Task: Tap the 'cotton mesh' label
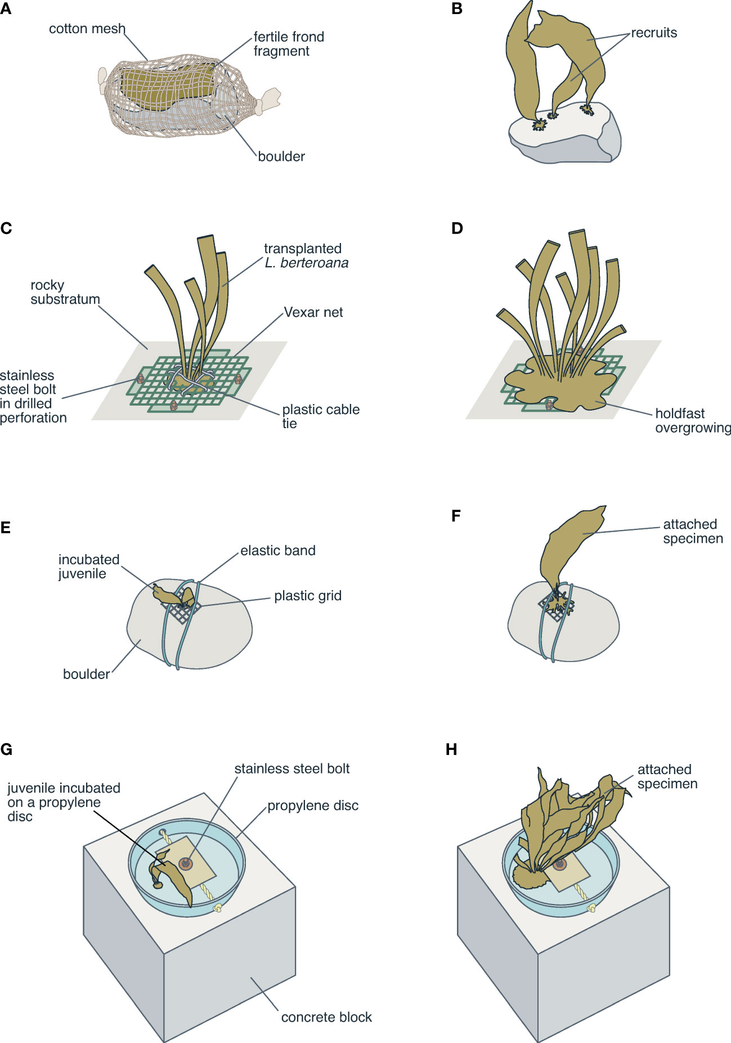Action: pyautogui.click(x=87, y=29)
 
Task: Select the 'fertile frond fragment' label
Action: pyautogui.click(x=289, y=44)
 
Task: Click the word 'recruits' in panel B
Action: pyautogui.click(x=654, y=33)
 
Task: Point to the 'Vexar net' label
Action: pyautogui.click(x=313, y=312)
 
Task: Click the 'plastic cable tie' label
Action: pyautogui.click(x=320, y=416)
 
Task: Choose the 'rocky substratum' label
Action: pyautogui.click(x=65, y=292)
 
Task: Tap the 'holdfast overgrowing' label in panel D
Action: pyautogui.click(x=692, y=421)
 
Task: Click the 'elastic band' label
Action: pyautogui.click(x=278, y=551)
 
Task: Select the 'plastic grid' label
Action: pyautogui.click(x=308, y=596)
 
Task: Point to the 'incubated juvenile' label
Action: pyautogui.click(x=89, y=567)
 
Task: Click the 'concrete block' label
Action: pyautogui.click(x=326, y=1017)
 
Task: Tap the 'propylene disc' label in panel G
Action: pyautogui.click(x=313, y=806)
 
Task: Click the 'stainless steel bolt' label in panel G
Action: pyautogui.click(x=292, y=769)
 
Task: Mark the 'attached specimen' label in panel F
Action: pyautogui.click(x=692, y=531)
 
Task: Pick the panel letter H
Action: pyautogui.click(x=451, y=749)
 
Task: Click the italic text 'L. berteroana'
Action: pyautogui.click(x=307, y=263)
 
